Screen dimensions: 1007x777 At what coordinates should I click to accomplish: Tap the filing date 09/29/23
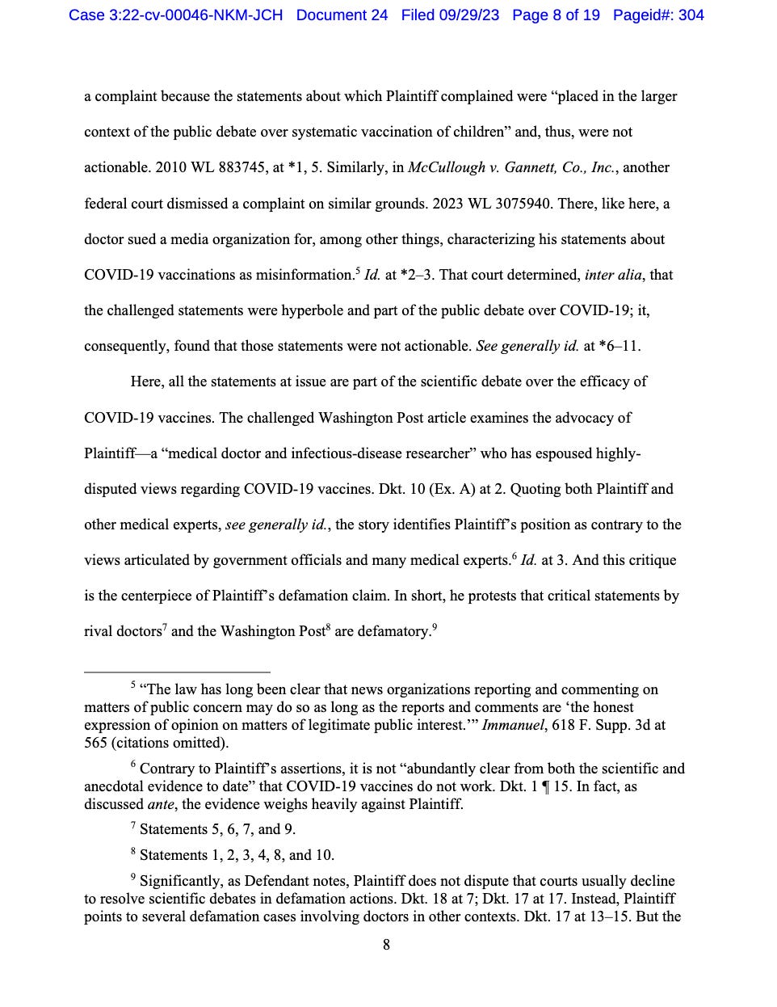[470, 15]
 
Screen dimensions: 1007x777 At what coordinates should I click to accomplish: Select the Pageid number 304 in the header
[691, 15]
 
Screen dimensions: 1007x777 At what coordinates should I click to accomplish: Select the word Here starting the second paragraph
[146, 381]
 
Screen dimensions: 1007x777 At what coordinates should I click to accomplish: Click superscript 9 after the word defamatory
[435, 626]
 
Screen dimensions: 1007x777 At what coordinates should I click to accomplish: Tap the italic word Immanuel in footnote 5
[513, 725]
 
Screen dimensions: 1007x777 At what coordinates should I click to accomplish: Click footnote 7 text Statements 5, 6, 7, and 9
[217, 829]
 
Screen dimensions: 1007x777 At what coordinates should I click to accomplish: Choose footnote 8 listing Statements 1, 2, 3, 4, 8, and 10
[237, 855]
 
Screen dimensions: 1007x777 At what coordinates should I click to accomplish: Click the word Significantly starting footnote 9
[178, 881]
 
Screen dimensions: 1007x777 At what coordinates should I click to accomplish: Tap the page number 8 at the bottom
[386, 945]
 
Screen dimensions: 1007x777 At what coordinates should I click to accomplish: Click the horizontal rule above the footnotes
[177, 672]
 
